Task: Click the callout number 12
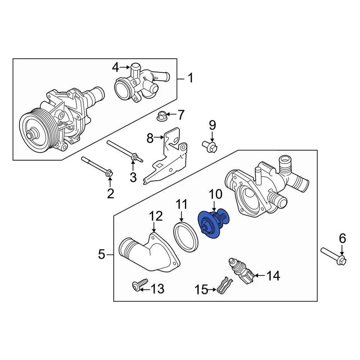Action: (156, 216)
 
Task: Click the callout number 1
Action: (190, 78)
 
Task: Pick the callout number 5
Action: (101, 255)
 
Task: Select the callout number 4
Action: (115, 67)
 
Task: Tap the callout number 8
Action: (150, 139)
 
